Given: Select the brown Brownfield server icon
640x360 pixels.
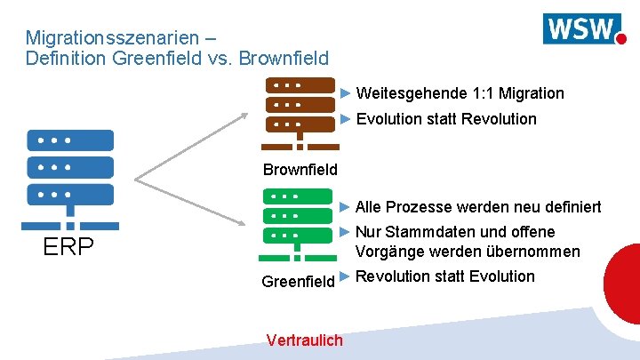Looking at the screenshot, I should (x=300, y=114).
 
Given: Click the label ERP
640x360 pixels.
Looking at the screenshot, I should (x=69, y=247).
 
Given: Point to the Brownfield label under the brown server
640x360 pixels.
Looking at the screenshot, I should (x=300, y=169).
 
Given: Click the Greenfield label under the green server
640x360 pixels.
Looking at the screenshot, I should (x=298, y=281).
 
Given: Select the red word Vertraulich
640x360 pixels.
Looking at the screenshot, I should (x=304, y=340).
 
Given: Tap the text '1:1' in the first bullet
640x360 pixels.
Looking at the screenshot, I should (x=484, y=93).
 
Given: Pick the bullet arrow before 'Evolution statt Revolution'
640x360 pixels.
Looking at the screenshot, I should (x=347, y=118).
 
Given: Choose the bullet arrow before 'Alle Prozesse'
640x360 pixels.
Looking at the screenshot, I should (x=347, y=207).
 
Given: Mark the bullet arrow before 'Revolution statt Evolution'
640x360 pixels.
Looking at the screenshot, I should (x=346, y=276).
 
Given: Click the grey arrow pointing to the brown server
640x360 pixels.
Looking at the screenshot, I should (x=196, y=147).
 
